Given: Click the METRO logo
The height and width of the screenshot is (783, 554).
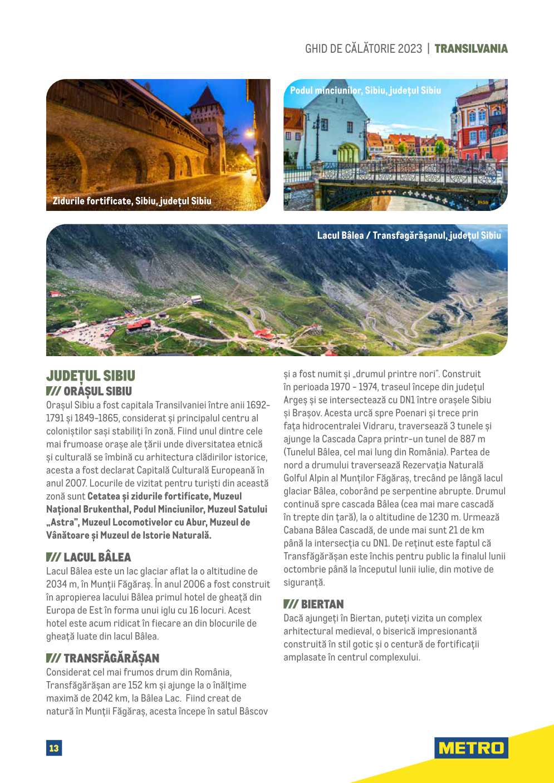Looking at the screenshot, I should coord(471,747).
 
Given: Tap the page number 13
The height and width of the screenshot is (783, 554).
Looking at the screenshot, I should coord(54,748).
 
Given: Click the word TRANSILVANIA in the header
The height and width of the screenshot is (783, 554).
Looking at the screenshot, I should coord(471,49).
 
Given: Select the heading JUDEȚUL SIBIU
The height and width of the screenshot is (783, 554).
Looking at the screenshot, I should coord(91,376).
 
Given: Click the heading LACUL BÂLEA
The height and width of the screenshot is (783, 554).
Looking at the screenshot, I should coord(97,557).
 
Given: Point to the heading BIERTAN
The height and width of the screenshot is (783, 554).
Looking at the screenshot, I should coord(322,604).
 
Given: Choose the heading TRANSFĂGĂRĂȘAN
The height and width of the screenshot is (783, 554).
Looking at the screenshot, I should coord(111,658).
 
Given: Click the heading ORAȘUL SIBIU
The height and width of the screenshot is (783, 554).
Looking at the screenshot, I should coord(97,391).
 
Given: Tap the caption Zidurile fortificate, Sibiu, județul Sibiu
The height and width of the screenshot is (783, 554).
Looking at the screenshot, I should coord(132,201).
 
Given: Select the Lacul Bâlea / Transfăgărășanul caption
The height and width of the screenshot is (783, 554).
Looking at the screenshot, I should coord(409,235).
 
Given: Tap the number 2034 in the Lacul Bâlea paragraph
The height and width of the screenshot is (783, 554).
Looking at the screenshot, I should coord(57,584).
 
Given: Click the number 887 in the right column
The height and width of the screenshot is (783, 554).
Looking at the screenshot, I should coord(469,439).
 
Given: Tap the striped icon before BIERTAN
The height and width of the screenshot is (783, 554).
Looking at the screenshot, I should coord(291,604).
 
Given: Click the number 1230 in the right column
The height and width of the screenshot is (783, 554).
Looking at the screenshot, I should coord(439,517).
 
